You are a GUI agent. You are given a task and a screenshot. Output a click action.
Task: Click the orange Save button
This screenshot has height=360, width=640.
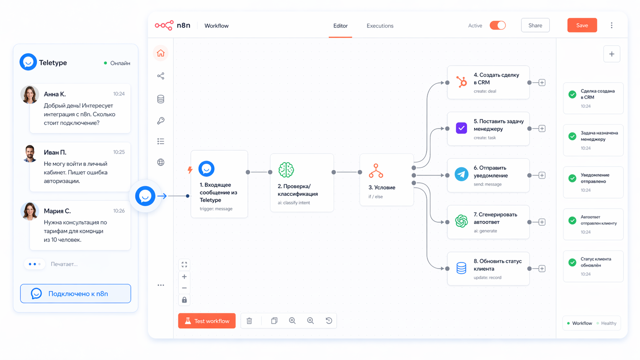[x=582, y=25]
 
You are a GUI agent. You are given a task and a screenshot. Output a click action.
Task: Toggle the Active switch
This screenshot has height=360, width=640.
[x=498, y=25]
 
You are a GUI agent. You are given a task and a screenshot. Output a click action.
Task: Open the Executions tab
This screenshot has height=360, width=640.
[x=380, y=26]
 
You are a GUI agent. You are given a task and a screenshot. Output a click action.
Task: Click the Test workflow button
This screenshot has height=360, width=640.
[x=207, y=321]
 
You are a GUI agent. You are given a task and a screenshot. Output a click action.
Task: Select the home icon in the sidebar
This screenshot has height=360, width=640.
[x=160, y=53]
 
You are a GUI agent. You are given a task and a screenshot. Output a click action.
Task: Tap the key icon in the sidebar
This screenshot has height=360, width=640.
[x=160, y=121]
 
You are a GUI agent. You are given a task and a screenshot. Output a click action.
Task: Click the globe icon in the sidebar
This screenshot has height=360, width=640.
[x=160, y=162]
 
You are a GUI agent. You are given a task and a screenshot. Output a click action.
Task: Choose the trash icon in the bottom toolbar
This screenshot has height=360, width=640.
[x=249, y=321]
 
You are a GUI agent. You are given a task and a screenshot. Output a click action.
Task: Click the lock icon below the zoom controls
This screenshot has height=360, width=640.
[x=184, y=300]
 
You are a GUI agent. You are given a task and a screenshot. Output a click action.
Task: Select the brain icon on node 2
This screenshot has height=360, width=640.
[x=286, y=170]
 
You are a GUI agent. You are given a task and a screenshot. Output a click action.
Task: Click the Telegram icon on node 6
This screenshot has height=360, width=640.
[x=461, y=174]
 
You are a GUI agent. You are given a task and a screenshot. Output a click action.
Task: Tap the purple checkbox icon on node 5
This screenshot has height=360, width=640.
[x=461, y=128]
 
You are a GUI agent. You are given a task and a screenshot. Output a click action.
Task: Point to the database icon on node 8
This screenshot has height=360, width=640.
[x=461, y=268]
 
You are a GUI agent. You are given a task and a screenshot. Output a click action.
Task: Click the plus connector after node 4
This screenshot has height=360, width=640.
[x=542, y=83]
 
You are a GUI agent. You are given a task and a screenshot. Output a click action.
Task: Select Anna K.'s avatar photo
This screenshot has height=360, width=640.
[x=30, y=94]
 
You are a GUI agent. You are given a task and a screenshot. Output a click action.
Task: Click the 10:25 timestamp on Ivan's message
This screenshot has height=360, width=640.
[x=119, y=152]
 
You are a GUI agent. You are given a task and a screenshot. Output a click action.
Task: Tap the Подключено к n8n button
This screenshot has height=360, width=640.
[x=75, y=293]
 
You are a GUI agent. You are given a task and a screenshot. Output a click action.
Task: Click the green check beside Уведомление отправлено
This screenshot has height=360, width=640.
[x=572, y=178]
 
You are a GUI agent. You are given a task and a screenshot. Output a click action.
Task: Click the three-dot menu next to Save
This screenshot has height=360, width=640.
[x=612, y=25]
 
